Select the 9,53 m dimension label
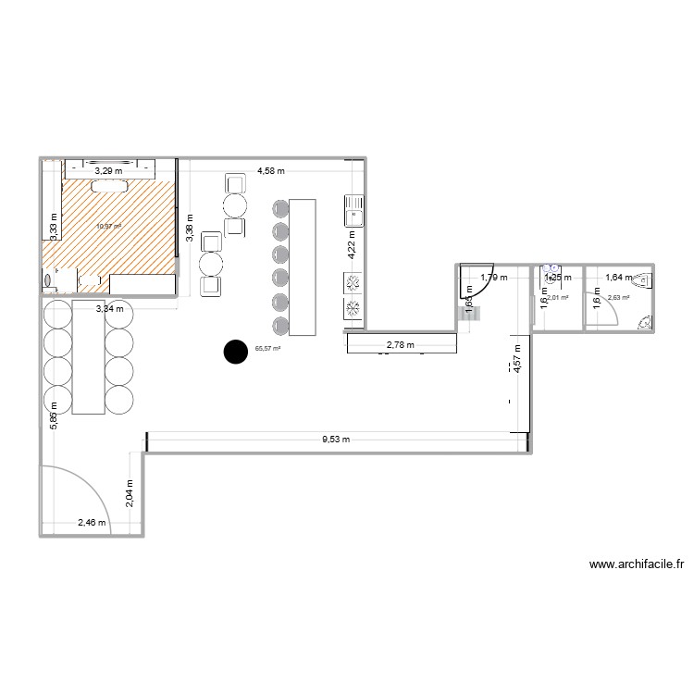tap(336, 440)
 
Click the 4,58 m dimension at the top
tap(271, 171)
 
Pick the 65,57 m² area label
tap(267, 349)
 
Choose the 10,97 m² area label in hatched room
tap(109, 225)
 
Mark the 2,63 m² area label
tap(618, 298)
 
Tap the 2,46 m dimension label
tap(92, 523)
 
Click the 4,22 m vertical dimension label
tap(351, 247)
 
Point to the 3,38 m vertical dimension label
tap(190, 229)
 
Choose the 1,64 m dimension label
tap(619, 277)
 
